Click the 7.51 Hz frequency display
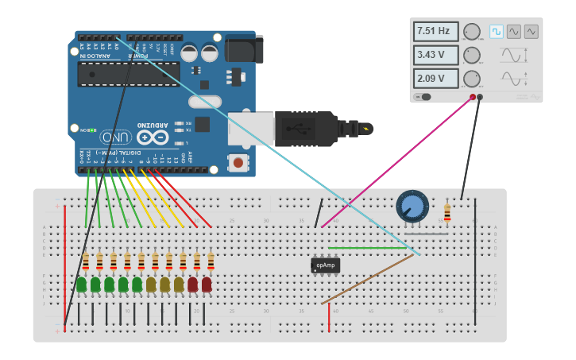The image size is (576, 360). [x=435, y=32]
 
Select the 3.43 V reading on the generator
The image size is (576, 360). [x=435, y=56]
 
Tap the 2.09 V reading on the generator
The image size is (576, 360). [x=435, y=79]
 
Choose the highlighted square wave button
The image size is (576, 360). [x=496, y=32]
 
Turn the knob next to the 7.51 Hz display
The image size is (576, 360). [x=472, y=32]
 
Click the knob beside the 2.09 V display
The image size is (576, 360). [x=472, y=79]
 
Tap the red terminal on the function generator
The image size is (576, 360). [x=473, y=97]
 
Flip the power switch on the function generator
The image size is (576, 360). [x=423, y=97]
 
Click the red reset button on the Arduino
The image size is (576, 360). [x=237, y=162]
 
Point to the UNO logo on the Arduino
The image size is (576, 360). [x=115, y=137]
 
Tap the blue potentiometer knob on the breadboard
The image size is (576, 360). [x=412, y=206]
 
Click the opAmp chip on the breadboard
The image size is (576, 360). [x=325, y=265]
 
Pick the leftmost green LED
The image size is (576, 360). [x=81, y=284]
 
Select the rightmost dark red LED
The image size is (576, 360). [x=207, y=284]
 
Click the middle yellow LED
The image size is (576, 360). [x=164, y=284]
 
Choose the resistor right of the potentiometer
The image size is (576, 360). [x=446, y=213]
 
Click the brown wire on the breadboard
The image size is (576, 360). [x=367, y=280]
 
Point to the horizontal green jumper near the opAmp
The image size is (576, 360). [x=367, y=248]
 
